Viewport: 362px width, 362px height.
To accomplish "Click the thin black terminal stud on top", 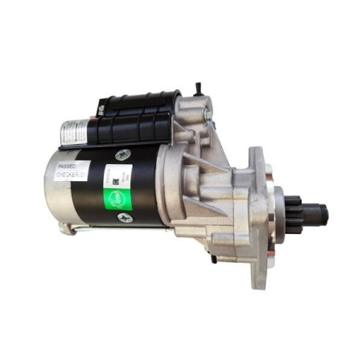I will tap(198, 85).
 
